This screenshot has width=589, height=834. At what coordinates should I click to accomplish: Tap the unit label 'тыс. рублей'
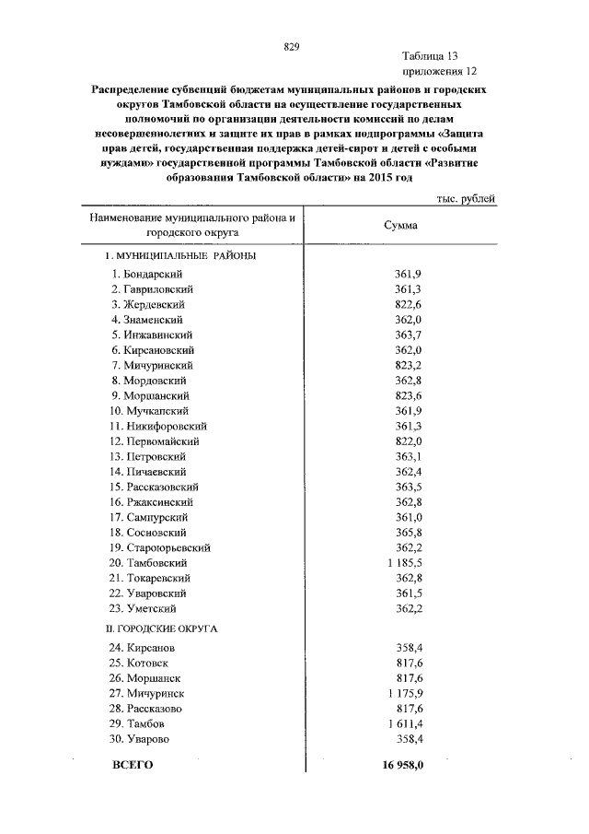click(465, 198)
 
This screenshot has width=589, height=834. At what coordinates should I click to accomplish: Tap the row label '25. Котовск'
click(141, 664)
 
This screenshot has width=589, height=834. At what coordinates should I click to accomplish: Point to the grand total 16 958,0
click(401, 766)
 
